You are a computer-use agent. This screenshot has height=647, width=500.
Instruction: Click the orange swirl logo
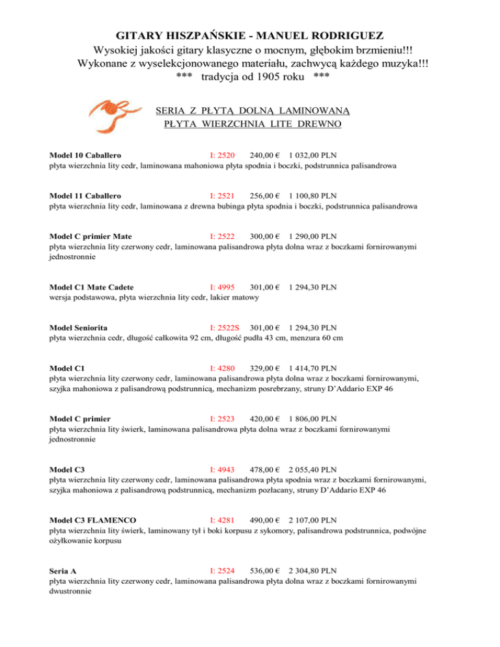[115, 111]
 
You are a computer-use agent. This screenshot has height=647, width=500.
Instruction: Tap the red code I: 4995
[222, 286]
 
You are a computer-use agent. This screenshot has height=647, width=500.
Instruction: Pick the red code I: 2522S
[225, 327]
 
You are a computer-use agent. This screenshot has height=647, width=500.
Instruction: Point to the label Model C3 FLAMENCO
[93, 520]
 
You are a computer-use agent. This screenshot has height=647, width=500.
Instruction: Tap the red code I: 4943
[222, 469]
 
